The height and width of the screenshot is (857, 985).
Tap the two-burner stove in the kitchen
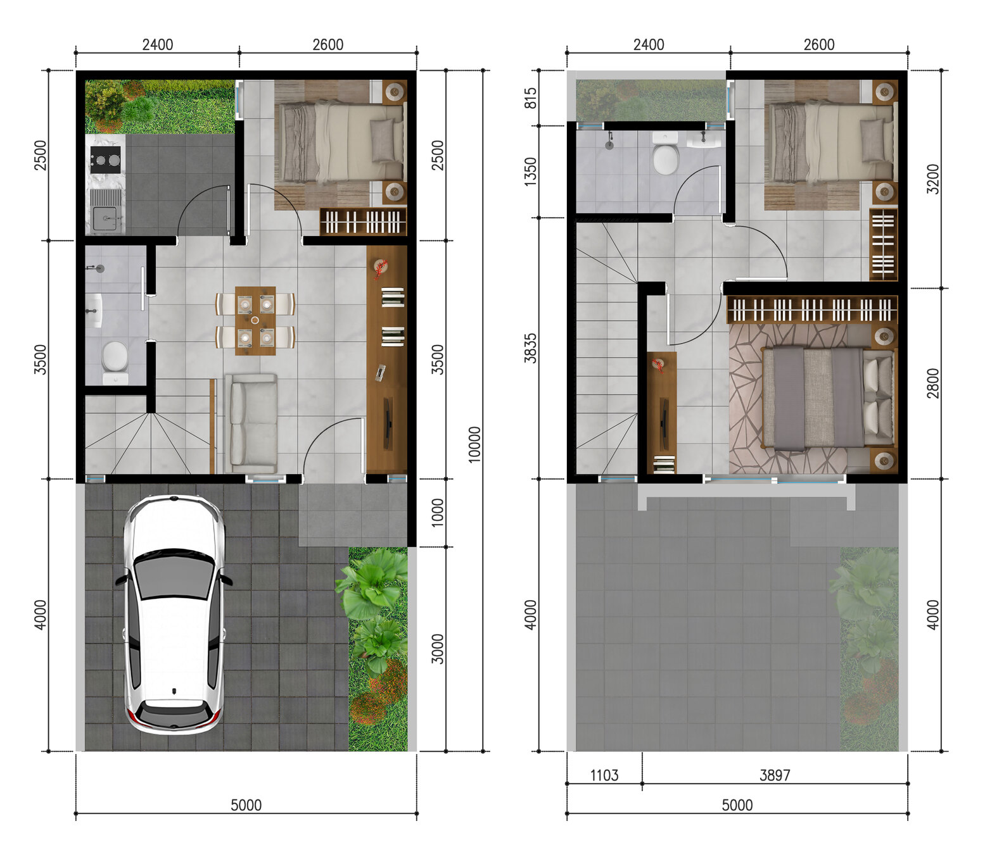105,160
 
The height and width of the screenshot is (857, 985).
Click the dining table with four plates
255,321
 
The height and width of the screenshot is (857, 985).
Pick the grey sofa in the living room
251,423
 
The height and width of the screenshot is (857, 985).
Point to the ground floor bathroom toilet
115,361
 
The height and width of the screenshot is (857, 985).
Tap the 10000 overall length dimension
474,444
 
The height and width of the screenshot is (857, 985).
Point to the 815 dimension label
530,98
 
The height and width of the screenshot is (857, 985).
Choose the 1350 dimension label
530,172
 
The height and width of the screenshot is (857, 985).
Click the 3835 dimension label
530,347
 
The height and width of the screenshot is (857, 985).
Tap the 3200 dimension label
932,179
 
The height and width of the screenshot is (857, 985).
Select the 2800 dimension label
932,384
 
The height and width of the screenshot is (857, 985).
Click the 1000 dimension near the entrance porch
436,513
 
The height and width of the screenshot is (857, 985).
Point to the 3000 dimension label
436,649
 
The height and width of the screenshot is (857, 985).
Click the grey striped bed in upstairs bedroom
829,399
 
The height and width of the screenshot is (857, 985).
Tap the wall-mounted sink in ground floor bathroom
95,311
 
